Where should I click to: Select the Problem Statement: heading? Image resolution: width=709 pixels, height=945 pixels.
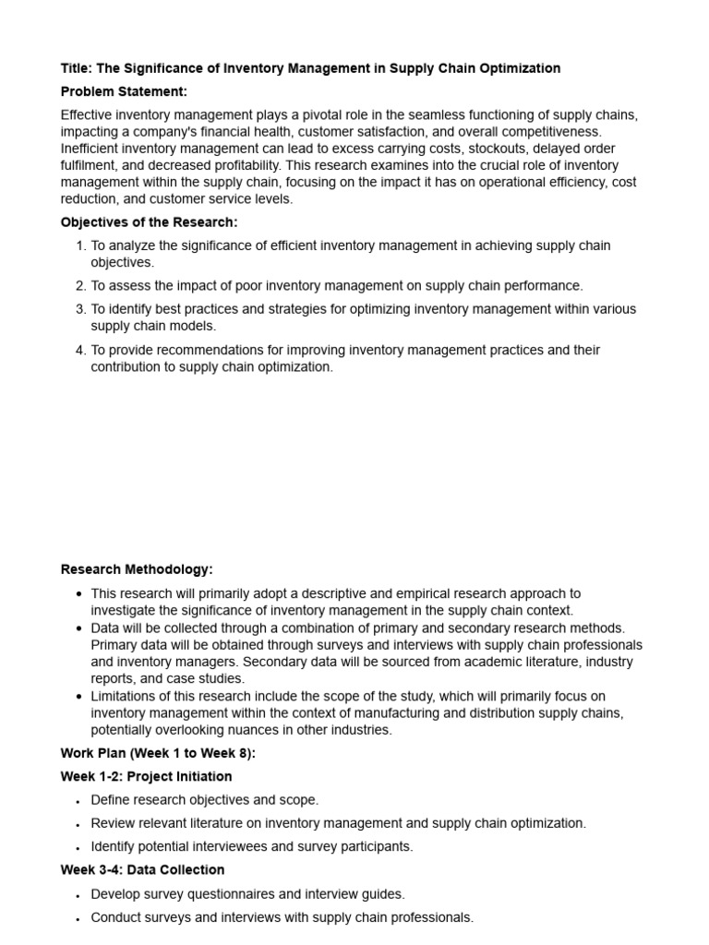[124, 91]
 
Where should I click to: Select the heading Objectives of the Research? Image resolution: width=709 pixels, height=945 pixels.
[149, 222]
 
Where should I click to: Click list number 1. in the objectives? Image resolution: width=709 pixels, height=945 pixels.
[80, 246]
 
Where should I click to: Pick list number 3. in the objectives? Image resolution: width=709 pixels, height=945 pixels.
[80, 309]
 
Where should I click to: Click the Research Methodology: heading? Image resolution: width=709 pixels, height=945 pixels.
[137, 569]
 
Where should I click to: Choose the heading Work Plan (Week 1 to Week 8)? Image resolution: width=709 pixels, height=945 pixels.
[158, 753]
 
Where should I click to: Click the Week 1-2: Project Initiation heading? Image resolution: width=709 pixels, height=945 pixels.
[146, 776]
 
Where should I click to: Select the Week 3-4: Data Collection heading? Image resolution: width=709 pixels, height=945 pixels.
[142, 869]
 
